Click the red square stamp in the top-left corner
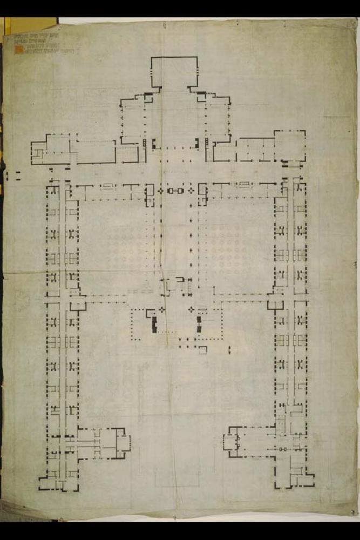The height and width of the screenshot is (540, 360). (x=18, y=50)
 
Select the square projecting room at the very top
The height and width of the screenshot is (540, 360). (x=174, y=72)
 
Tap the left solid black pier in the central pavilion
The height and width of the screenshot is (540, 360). (x=154, y=325)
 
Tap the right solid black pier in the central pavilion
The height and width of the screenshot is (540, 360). (x=199, y=325)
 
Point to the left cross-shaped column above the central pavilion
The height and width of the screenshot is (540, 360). (x=161, y=309)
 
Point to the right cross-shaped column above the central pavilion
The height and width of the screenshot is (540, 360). (x=191, y=309)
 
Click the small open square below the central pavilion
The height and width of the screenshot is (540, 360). (x=202, y=350)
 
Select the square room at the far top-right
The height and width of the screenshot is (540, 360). (x=290, y=145)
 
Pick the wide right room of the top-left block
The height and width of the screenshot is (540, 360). (x=96, y=152)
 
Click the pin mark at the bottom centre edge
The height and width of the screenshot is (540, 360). (x=174, y=518)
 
